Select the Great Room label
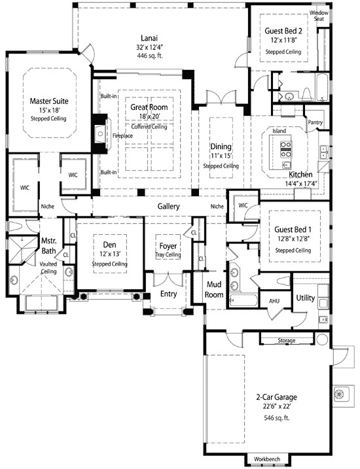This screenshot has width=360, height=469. (149, 107)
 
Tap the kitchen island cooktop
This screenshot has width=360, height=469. (286, 154)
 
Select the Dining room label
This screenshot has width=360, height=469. (220, 146)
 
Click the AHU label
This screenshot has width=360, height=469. (275, 301)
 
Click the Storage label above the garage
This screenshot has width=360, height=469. (286, 341)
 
